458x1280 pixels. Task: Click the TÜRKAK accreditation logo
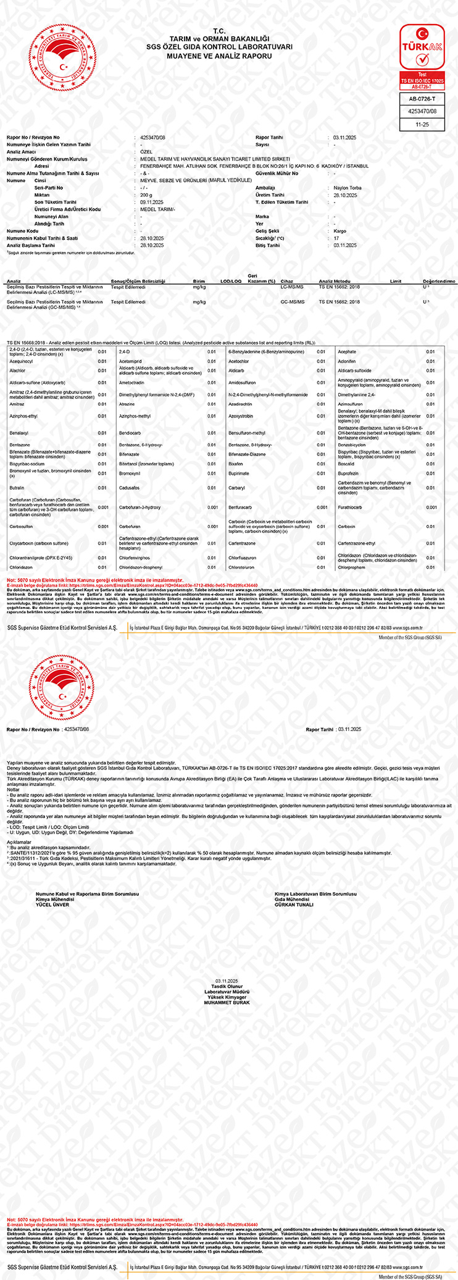[x=422, y=55]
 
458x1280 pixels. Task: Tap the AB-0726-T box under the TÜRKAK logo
[x=422, y=99]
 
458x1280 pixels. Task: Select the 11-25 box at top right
[x=422, y=125]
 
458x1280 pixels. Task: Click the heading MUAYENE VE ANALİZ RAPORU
[x=219, y=56]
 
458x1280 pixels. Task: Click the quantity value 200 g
[x=146, y=195]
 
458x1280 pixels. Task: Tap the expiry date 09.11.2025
[x=151, y=202]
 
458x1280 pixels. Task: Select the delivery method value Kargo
[x=339, y=231]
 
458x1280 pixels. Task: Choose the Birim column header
[x=198, y=281]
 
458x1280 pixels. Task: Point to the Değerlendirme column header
[x=439, y=281]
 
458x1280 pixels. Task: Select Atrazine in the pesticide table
[x=127, y=404]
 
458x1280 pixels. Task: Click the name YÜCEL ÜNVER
[x=52, y=905]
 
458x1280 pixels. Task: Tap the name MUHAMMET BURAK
[x=227, y=1003]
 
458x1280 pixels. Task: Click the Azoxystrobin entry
[x=241, y=416]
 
